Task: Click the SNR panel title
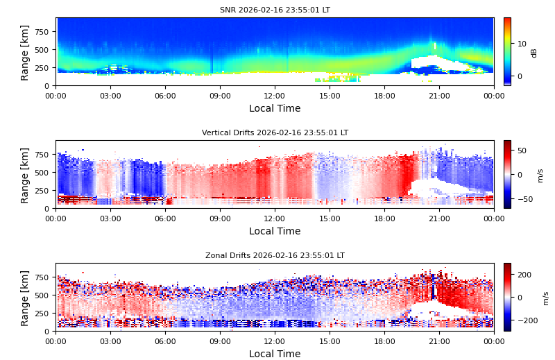[275, 10]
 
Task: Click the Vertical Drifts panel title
[275, 133]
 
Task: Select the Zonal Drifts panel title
[275, 256]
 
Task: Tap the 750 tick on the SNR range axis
[42, 32]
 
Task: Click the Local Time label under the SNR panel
[275, 109]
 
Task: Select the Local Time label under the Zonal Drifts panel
[275, 354]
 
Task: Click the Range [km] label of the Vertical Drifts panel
[25, 175]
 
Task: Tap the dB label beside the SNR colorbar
[534, 53]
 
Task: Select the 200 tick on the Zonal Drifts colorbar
[523, 275]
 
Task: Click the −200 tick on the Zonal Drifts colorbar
[525, 320]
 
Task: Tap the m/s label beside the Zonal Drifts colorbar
[546, 298]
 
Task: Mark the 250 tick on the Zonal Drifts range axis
[42, 314]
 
